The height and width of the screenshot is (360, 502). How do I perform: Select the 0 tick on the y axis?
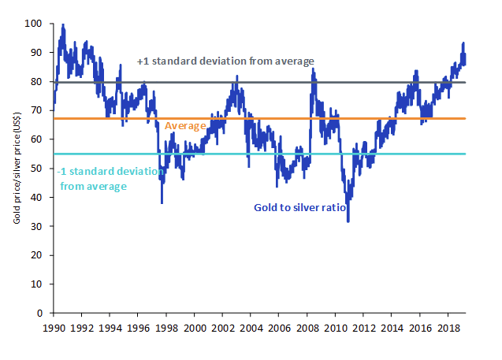coord(43,313)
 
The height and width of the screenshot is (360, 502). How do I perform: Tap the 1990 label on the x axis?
coord(54,327)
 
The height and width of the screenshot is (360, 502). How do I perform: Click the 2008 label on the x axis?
coord(307,327)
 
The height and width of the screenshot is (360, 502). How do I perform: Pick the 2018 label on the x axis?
coord(448,327)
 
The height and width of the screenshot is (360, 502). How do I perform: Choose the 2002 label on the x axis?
coord(222,327)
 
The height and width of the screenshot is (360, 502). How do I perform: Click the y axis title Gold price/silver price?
coord(16,169)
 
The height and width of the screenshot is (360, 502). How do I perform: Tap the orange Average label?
coord(184,126)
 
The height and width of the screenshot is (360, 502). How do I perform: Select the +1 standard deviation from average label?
coord(225,61)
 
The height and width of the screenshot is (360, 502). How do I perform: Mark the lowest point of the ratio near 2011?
coord(348,221)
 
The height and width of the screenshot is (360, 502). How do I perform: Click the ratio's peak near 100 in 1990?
coord(63,25)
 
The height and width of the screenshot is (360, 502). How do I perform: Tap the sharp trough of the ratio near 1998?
coord(162,203)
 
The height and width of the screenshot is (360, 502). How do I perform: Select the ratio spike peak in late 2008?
coord(313,69)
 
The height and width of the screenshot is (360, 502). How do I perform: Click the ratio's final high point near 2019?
coord(463,43)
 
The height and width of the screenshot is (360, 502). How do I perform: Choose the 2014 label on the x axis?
coord(392,327)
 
